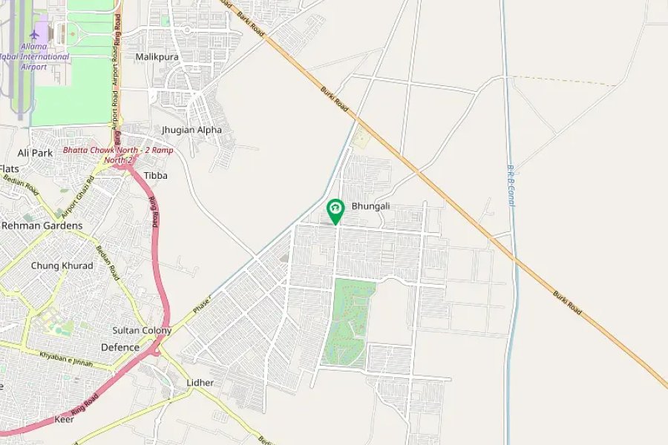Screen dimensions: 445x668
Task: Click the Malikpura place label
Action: click(157, 56)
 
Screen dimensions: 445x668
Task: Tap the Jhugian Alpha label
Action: click(191, 130)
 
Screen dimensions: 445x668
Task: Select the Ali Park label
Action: click(35, 153)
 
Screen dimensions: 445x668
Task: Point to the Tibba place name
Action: click(156, 176)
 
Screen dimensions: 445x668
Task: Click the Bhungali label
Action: click(370, 205)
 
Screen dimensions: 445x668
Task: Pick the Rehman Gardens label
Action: click(42, 225)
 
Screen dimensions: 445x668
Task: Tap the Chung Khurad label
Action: click(62, 266)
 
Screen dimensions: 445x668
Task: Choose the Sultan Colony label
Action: click(142, 330)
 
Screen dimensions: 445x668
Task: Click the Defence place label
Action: click(119, 347)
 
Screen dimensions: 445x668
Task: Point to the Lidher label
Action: click(200, 383)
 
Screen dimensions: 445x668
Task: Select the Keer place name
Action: click(65, 419)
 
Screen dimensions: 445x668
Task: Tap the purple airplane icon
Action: click(33, 34)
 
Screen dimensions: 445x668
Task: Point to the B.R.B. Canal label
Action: click(511, 185)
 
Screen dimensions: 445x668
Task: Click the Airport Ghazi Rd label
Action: click(79, 193)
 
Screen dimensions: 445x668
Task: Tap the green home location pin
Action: click(335, 210)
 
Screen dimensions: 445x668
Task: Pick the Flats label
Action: click(10, 169)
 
